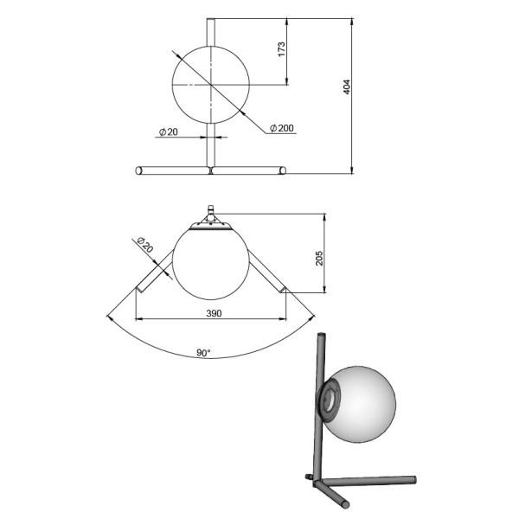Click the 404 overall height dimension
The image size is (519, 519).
click(347, 86)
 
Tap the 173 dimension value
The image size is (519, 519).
click(281, 49)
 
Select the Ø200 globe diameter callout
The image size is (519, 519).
click(282, 128)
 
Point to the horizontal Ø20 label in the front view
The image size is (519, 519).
click(169, 132)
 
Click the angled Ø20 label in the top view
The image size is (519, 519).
click(145, 245)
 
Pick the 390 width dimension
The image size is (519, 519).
click(214, 313)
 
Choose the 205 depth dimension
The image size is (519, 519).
click(319, 258)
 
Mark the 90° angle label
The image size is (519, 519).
click(203, 353)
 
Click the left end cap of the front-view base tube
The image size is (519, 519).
click(138, 170)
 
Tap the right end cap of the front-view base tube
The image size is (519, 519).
click(283, 170)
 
